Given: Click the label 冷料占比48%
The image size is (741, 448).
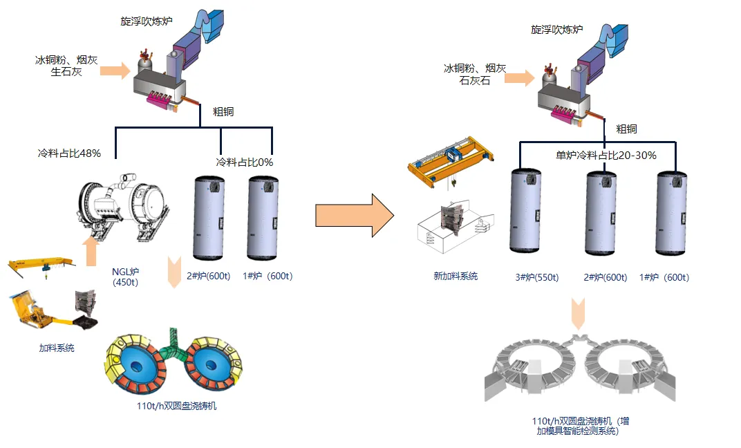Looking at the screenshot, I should tap(69, 153).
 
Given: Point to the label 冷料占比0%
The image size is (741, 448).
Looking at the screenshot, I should tap(245, 162).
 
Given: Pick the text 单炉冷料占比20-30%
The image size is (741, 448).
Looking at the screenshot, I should tap(606, 156).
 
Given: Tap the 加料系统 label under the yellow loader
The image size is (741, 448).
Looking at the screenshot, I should tap(57, 348).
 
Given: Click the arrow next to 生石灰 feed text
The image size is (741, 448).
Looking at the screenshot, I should tap(115, 71).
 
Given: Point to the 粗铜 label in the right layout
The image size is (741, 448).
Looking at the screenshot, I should tap(626, 129).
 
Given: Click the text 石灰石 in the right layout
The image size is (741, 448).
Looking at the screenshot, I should tap(475, 80).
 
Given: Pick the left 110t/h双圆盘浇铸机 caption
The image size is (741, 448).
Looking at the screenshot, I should tap(178, 406).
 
